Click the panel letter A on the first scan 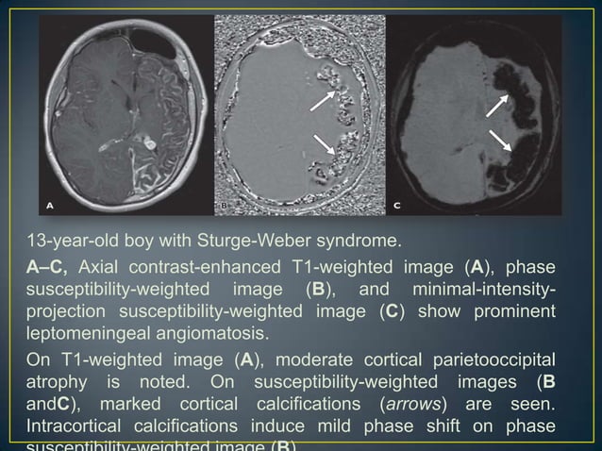51,204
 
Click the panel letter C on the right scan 397,204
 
